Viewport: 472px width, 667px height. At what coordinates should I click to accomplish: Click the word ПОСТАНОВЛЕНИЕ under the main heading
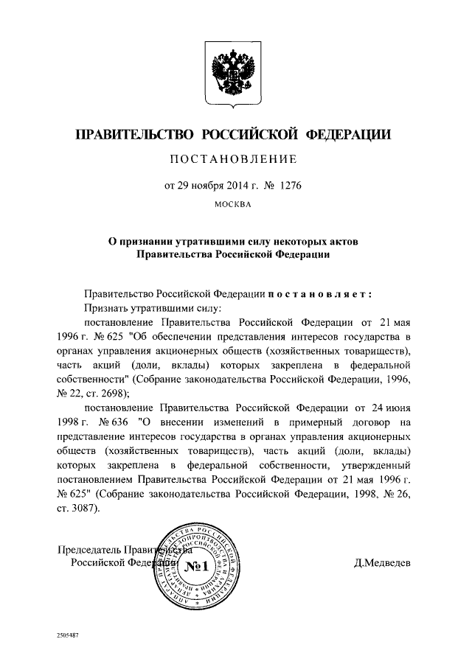tap(234, 158)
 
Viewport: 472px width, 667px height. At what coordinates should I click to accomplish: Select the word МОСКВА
tap(233, 204)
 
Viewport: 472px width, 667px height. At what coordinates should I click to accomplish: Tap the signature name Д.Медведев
tap(383, 565)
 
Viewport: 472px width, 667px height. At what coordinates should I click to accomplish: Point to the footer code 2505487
tap(69, 634)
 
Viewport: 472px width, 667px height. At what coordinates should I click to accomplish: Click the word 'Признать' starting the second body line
tap(105, 307)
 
